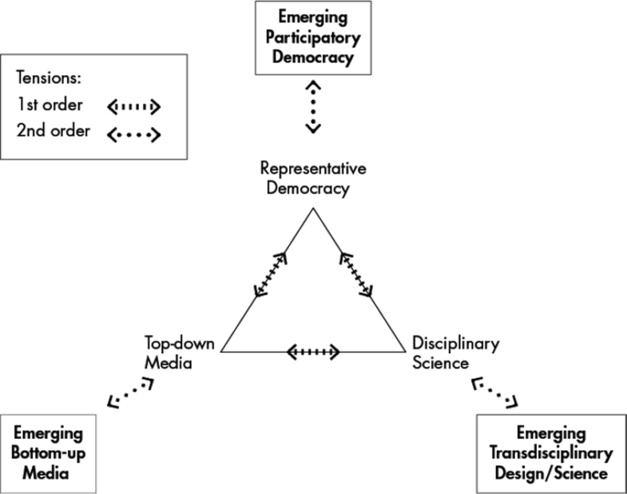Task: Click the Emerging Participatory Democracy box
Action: [x=313, y=37]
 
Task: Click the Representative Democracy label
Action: [x=313, y=179]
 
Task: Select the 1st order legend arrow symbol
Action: [x=133, y=106]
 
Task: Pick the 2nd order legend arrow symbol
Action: [x=133, y=133]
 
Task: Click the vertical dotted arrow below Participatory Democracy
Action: [x=313, y=105]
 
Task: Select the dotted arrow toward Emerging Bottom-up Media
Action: [x=130, y=394]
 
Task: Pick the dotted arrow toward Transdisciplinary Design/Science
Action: [x=496, y=394]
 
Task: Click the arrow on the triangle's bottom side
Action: [x=313, y=351]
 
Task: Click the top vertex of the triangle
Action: [x=313, y=209]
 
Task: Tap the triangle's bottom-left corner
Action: [x=221, y=351]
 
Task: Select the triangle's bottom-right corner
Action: [x=404, y=351]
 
